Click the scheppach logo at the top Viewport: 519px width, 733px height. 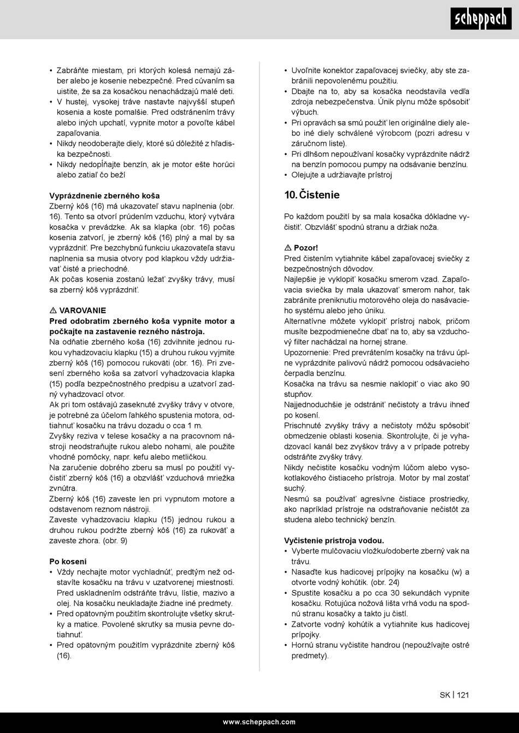(x=481, y=20)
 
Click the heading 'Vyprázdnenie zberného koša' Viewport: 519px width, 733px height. (x=104, y=196)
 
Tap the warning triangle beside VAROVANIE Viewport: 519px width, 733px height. (x=52, y=311)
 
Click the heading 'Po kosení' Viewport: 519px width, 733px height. (x=68, y=562)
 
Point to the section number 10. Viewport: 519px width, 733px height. (x=291, y=195)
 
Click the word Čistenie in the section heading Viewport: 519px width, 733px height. (x=320, y=195)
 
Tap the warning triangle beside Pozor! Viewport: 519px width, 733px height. (x=287, y=248)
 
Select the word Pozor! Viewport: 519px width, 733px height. (x=305, y=248)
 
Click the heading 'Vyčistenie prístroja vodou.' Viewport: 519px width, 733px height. (x=334, y=540)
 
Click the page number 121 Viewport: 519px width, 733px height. (x=463, y=695)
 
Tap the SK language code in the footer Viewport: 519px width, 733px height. (x=445, y=695)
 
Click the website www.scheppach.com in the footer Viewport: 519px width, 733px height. (x=259, y=722)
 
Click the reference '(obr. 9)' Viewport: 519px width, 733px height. (x=115, y=541)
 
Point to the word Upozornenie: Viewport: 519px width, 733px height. (x=308, y=353)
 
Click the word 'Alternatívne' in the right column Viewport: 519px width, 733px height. (x=307, y=321)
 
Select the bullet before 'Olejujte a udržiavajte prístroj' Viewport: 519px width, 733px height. (x=286, y=175)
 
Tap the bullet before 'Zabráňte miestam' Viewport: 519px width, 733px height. (x=51, y=71)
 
